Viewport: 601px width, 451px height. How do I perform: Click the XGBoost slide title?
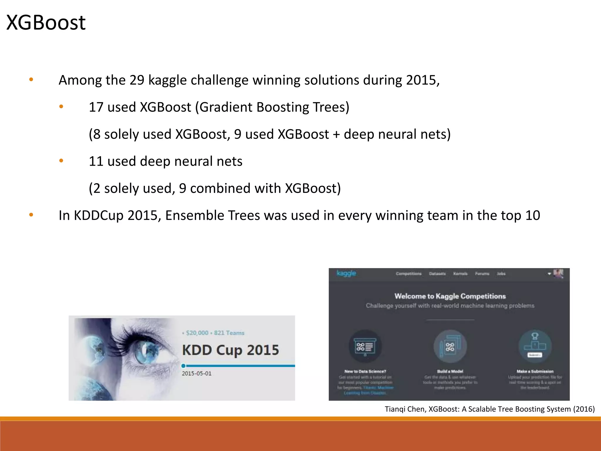click(46, 23)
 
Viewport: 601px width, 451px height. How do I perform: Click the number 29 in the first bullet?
click(137, 80)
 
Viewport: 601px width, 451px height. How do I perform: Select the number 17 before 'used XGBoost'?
click(96, 107)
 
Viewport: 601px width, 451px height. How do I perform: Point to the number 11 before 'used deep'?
click(96, 161)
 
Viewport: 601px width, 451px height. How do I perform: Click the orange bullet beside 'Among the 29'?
click(31, 80)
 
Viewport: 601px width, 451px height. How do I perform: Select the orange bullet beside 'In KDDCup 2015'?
click(31, 215)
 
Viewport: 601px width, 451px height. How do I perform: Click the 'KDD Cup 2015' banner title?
click(230, 350)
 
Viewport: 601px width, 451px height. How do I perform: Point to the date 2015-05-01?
click(196, 373)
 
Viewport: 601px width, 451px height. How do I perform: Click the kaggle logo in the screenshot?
click(346, 273)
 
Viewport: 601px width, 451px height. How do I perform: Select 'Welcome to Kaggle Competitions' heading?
click(450, 296)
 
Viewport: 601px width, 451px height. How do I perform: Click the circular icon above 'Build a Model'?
click(450, 346)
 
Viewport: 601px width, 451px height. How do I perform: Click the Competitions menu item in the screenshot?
click(408, 274)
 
